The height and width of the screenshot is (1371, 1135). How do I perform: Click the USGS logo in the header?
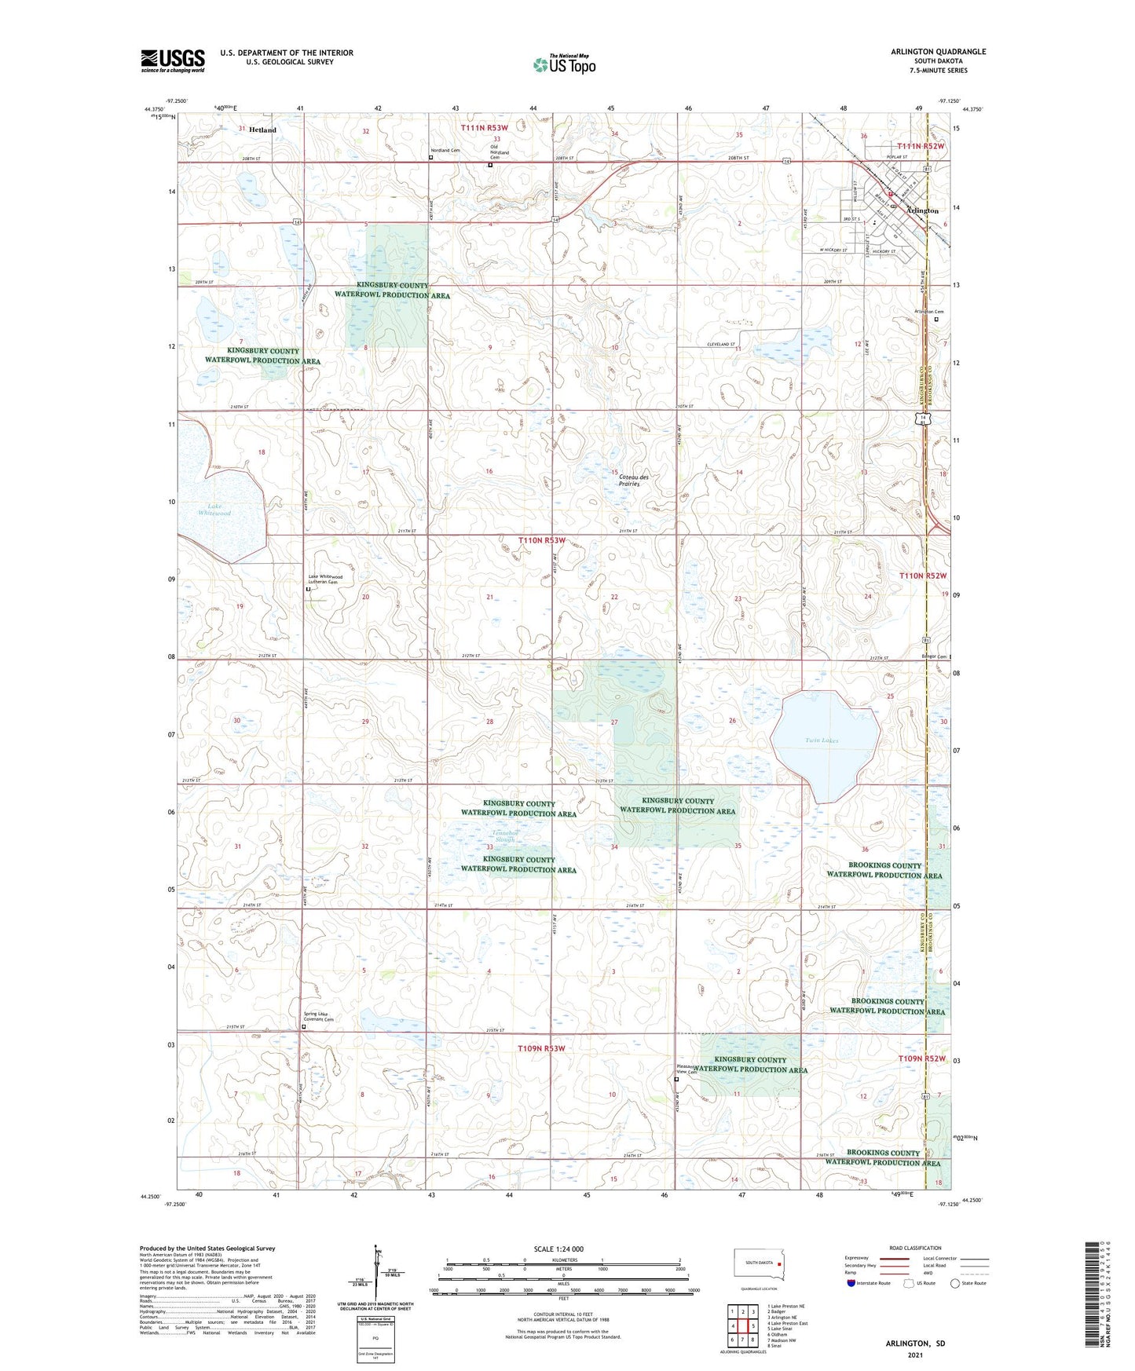tap(172, 60)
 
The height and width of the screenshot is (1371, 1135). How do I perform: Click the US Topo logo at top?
tap(564, 64)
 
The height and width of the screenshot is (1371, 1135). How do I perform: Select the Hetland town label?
tap(262, 130)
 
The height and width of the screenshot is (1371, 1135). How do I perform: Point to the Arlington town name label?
tap(922, 211)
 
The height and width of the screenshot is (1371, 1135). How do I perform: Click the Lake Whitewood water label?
tap(214, 510)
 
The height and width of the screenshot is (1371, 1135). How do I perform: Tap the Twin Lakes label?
tap(822, 740)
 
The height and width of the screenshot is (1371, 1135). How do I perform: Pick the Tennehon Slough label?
tap(504, 835)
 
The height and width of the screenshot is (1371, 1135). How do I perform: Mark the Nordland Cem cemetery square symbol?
tap(431, 157)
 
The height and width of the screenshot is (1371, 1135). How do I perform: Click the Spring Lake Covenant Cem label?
tap(319, 1017)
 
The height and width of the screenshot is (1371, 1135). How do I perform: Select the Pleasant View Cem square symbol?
tap(676, 1080)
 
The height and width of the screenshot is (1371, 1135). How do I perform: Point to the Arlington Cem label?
tap(928, 312)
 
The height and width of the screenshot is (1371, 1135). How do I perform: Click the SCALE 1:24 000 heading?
tap(558, 1249)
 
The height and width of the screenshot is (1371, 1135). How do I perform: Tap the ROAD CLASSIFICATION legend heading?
tap(914, 1248)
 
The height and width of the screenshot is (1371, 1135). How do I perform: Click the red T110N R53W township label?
tap(541, 541)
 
